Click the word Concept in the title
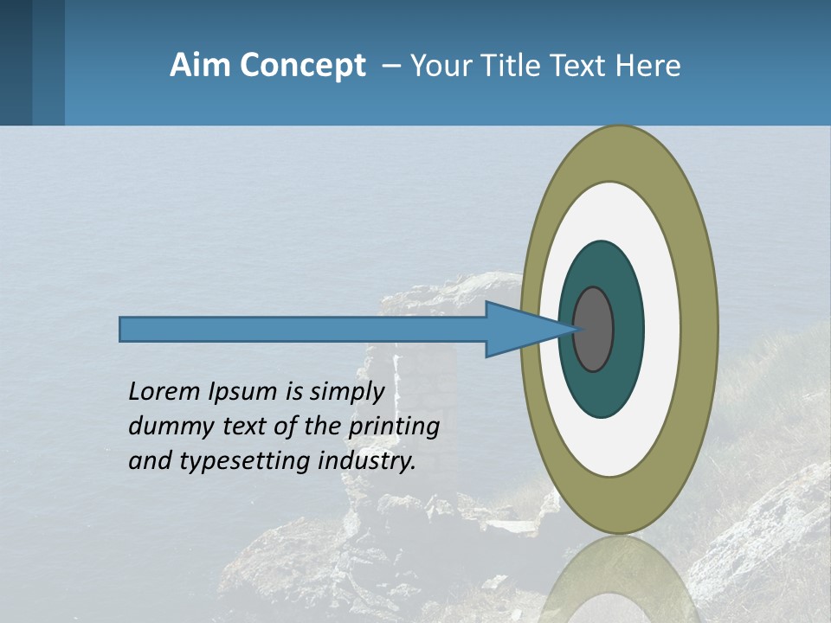coord(303,65)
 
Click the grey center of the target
coord(594,329)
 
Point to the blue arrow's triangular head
coord(519,329)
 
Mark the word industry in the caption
coord(367,461)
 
